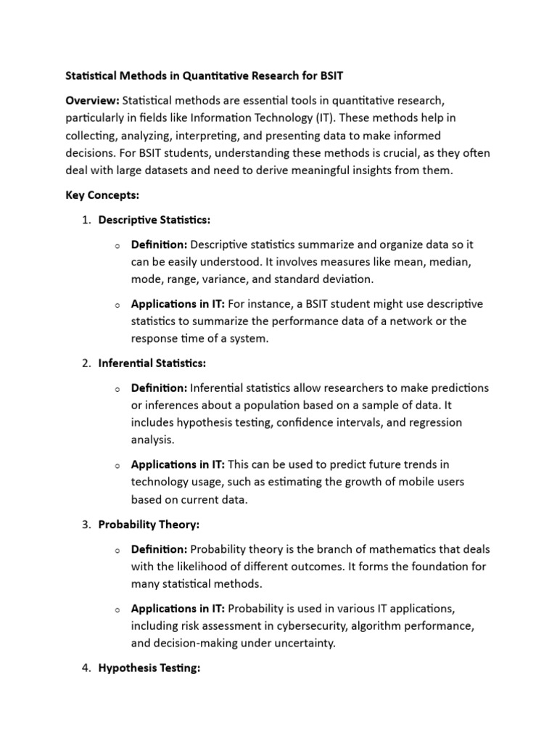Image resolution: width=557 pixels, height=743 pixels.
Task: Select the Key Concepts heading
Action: (x=99, y=196)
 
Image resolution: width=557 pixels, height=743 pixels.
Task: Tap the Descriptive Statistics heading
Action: (x=154, y=220)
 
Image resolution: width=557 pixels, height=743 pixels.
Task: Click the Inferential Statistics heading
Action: (x=152, y=363)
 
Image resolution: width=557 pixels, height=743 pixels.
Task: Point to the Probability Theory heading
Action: (x=149, y=524)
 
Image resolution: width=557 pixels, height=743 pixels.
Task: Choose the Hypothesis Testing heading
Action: (x=149, y=668)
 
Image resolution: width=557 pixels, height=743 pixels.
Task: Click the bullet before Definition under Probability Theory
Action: (x=116, y=551)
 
